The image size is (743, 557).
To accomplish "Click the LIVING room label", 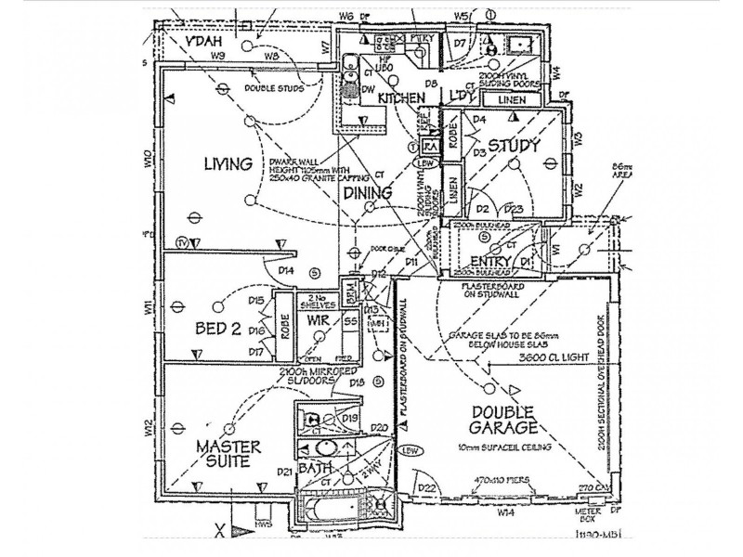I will (228, 165).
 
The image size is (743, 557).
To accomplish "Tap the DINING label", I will (368, 193).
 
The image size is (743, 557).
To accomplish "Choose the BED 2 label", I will (218, 328).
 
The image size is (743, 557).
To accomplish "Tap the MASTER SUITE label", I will (228, 454).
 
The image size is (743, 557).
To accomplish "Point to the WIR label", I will (319, 318).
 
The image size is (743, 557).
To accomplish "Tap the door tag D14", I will (286, 269).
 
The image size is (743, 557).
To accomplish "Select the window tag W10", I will (148, 160).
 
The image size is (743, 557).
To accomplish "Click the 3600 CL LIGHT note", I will (545, 356).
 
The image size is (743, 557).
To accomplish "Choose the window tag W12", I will (148, 429).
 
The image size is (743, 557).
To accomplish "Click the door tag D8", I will (431, 84).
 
